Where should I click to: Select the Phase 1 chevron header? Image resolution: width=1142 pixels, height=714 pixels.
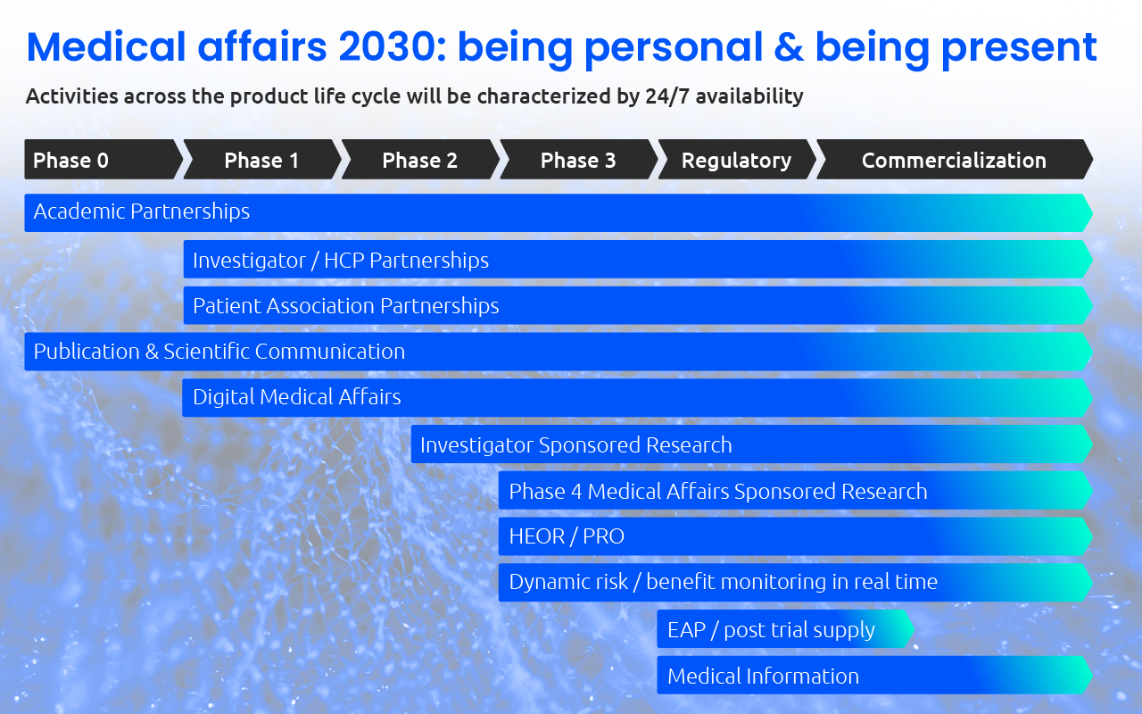[261, 160]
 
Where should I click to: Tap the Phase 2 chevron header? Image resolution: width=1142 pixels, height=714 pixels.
[419, 160]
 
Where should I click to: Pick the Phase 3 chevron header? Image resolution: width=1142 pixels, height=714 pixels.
[578, 160]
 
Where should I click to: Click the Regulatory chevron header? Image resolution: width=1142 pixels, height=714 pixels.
[736, 160]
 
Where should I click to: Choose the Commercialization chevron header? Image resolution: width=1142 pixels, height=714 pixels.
[954, 160]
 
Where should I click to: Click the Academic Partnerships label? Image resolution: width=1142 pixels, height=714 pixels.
[142, 212]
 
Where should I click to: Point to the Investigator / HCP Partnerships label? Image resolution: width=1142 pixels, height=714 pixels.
[341, 260]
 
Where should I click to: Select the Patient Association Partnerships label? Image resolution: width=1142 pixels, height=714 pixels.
[346, 305]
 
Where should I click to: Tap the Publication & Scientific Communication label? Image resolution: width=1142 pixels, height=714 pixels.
[219, 352]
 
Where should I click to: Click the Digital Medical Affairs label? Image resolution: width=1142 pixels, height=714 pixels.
[297, 397]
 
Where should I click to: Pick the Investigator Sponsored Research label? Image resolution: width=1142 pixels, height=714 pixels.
[575, 444]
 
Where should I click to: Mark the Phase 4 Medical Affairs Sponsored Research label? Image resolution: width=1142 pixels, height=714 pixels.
[718, 491]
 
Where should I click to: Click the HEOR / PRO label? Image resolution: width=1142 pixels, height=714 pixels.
[567, 536]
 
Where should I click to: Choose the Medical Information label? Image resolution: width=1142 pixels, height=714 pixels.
[763, 676]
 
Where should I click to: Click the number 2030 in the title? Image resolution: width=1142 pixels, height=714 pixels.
[390, 46]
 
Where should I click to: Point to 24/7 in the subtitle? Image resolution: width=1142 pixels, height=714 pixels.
[666, 96]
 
